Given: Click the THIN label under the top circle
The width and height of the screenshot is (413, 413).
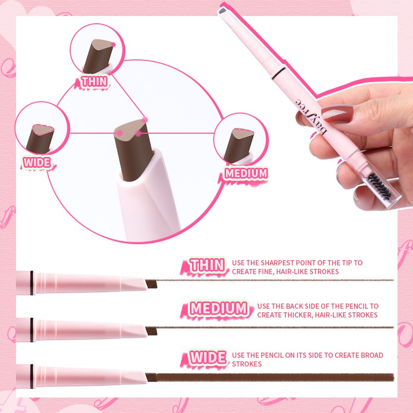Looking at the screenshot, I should tap(94, 82).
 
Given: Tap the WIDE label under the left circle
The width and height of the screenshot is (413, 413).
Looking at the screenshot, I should tap(37, 163).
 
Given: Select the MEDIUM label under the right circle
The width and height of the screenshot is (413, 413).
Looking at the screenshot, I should tap(246, 173).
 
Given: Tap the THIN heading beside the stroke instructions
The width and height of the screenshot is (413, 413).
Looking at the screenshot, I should tap(207, 266).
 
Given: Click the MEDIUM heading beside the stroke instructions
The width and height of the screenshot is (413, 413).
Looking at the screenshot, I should tap(218, 309).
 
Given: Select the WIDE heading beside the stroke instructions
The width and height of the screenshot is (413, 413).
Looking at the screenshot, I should tap(207, 357).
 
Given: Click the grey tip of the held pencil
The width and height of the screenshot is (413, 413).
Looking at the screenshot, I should tap(223, 11).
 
